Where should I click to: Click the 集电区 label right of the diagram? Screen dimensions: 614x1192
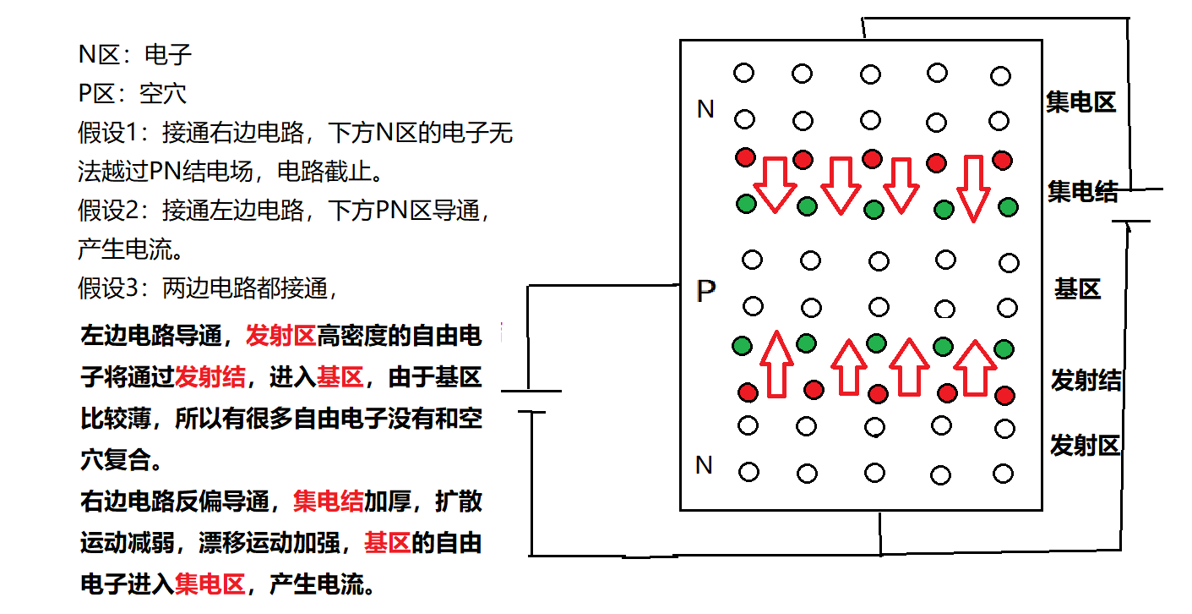coord(1080,102)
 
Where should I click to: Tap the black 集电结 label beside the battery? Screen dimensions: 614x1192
coord(1082,192)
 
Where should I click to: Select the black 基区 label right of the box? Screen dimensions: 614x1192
coord(1077,290)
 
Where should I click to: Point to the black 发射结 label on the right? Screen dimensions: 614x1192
coord(1086,381)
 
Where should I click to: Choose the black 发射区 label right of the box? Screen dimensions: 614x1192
coord(1085,445)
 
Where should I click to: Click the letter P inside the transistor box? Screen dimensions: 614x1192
coord(706,292)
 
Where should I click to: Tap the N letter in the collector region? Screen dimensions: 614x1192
coord(705,109)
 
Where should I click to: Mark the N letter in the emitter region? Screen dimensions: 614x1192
coord(704,464)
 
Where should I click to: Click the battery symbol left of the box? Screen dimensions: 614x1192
coord(531,402)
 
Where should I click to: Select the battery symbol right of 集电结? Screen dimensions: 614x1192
coord(1132,205)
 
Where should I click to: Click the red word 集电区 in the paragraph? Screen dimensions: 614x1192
coord(210,584)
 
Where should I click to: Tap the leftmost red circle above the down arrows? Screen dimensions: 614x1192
coord(745,157)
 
